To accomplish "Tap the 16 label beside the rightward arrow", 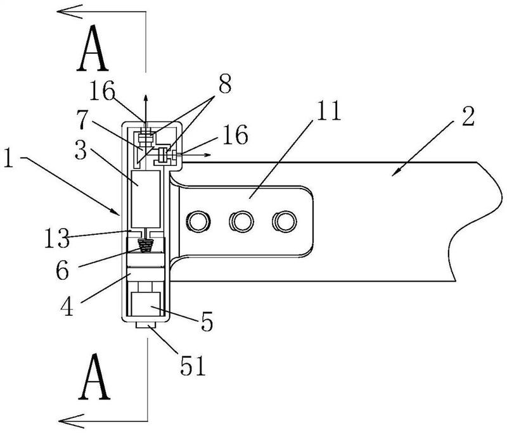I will coord(233,134).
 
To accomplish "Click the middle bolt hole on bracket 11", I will coord(241,220).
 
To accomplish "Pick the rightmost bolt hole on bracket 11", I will coord(284,220).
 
